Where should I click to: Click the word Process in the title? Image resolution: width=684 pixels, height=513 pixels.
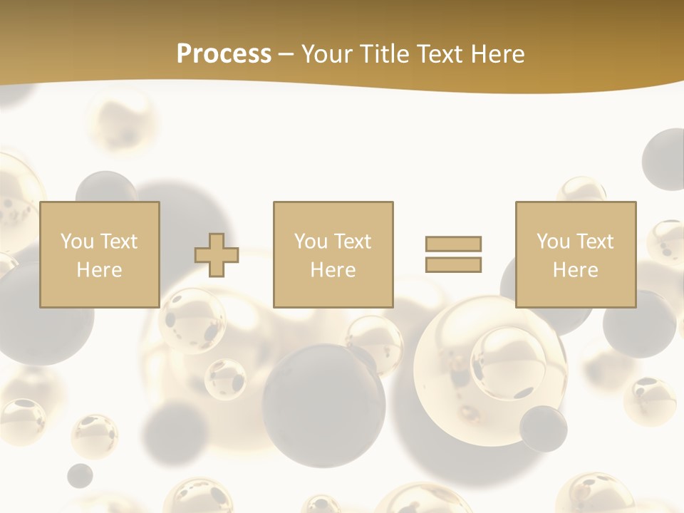[224, 54]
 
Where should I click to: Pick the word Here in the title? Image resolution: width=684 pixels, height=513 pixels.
[499, 54]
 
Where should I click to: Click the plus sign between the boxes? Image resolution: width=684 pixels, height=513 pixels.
[217, 254]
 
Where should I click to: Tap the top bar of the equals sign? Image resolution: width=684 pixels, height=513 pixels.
[454, 244]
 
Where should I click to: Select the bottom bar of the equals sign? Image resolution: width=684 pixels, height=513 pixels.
[454, 264]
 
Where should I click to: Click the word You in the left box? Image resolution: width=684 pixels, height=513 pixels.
[77, 242]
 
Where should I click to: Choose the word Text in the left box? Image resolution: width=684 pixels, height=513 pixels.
[118, 242]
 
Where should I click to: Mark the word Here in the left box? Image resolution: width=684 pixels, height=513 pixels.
[99, 270]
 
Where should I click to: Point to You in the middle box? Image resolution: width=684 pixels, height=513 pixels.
[311, 242]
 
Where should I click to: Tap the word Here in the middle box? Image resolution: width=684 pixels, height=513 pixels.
[333, 270]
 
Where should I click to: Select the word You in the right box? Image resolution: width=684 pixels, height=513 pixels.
[553, 242]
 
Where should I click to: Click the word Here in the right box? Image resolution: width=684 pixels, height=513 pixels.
[575, 270]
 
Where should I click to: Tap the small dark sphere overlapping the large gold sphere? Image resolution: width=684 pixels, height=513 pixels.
[543, 427]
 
